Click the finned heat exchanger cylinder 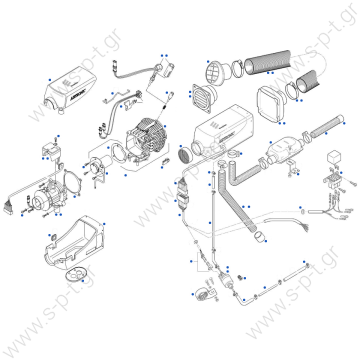tap(150, 141)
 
